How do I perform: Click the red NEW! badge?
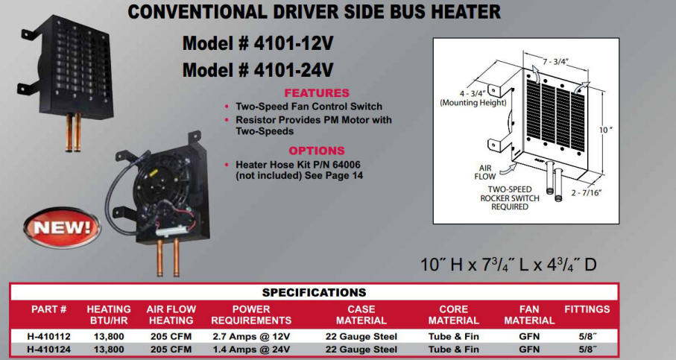[x=62, y=227]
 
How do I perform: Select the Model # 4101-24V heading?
[x=258, y=70]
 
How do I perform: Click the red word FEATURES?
[x=317, y=93]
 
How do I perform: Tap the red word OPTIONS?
[x=317, y=151]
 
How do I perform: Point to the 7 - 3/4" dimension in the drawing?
[x=555, y=62]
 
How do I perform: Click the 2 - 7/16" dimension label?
[x=587, y=193]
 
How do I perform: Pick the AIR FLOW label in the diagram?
[x=485, y=172]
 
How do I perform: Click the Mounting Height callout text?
[x=473, y=103]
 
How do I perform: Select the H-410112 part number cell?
[x=48, y=336]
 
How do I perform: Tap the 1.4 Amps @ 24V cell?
[x=251, y=350]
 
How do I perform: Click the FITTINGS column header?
[x=587, y=309]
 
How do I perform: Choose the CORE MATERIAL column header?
[x=454, y=315]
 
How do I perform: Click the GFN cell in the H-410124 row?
[x=529, y=350]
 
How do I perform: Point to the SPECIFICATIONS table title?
[x=315, y=292]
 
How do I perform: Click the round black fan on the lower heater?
[x=154, y=185]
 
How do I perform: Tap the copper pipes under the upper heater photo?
[x=73, y=133]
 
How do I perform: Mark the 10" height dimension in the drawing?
[x=605, y=130]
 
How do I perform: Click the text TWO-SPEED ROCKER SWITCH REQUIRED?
[x=510, y=198]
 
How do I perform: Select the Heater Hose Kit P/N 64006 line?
[x=298, y=165]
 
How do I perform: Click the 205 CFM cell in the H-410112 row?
[x=171, y=336]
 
